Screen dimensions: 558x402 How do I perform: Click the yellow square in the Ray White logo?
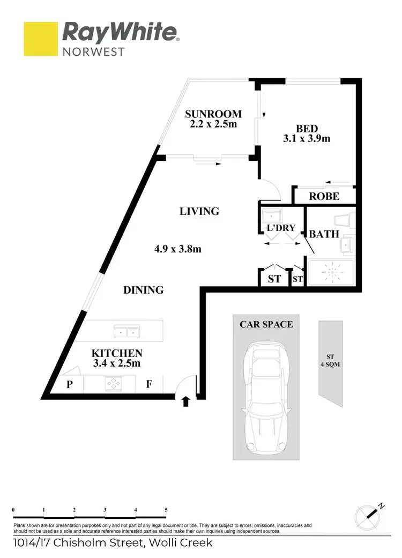pos(40,39)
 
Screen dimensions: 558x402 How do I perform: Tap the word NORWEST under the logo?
pos(94,52)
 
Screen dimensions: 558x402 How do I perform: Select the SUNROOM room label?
pos(213,114)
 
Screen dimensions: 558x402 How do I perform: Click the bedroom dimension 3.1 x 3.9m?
pos(307,138)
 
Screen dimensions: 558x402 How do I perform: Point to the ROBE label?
pos(324,196)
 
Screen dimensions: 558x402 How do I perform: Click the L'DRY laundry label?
pos(281,228)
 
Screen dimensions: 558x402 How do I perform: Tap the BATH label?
pos(324,234)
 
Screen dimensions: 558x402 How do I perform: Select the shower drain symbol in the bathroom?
pos(330,272)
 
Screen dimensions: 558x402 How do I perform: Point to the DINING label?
pos(143,290)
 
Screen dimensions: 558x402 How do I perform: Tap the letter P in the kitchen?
pos(69,384)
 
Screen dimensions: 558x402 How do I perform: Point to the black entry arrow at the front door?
pos(186,401)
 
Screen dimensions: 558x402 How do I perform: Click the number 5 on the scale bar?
pos(167,510)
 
